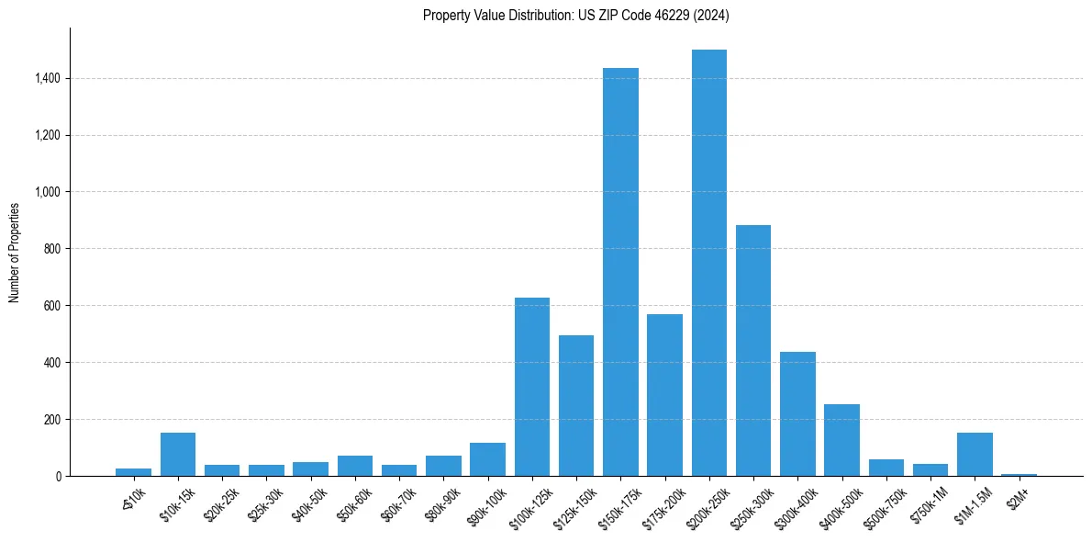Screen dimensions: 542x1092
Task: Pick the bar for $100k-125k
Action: (531, 387)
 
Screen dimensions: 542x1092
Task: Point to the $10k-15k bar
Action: (177, 454)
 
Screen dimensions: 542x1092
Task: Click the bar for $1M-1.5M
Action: (975, 454)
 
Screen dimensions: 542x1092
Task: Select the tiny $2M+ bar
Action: (1019, 474)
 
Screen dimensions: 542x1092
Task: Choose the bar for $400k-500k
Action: (841, 440)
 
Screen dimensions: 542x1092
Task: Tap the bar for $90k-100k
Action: (487, 459)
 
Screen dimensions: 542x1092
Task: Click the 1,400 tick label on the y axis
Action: (48, 79)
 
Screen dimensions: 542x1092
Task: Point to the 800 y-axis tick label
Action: (53, 249)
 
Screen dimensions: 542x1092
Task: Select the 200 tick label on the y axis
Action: (53, 420)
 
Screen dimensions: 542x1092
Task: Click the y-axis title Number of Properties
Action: (15, 252)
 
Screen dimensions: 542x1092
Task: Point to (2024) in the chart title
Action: (712, 16)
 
